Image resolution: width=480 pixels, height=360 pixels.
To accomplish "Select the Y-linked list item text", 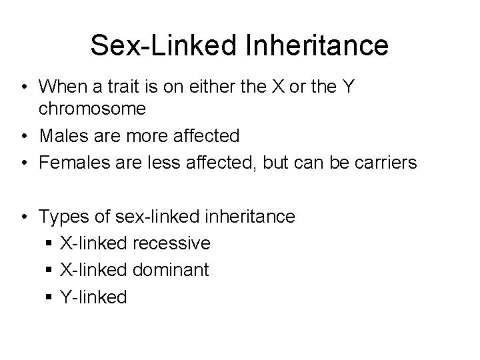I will click(93, 297).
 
